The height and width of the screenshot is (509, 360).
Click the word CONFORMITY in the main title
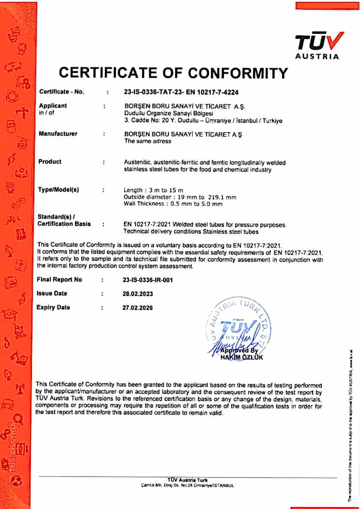[238, 73]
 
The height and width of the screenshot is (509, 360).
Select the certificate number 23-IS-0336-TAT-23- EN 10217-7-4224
[181, 92]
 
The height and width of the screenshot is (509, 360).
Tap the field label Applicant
[53, 105]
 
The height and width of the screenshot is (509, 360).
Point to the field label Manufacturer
[58, 134]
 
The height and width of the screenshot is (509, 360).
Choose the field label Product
[50, 162]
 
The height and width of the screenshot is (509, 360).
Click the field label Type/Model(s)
[58, 190]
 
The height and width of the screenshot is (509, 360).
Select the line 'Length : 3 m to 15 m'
[154, 190]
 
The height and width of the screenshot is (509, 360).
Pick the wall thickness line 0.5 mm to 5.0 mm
[173, 204]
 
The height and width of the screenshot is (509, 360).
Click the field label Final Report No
[60, 280]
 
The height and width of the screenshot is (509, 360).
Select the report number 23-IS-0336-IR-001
[151, 280]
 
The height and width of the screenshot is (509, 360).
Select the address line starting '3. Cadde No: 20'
[203, 120]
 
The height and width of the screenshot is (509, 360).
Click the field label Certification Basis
[64, 224]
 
